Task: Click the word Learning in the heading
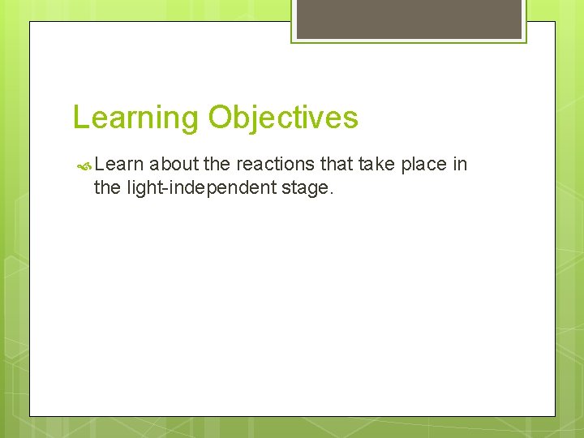(135, 118)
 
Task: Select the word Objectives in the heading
(282, 118)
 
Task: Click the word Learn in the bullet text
(118, 165)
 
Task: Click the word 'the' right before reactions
(217, 165)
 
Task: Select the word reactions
(275, 165)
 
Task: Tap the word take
(377, 165)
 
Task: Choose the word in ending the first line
(460, 165)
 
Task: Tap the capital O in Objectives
(220, 118)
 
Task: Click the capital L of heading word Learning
(79, 118)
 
